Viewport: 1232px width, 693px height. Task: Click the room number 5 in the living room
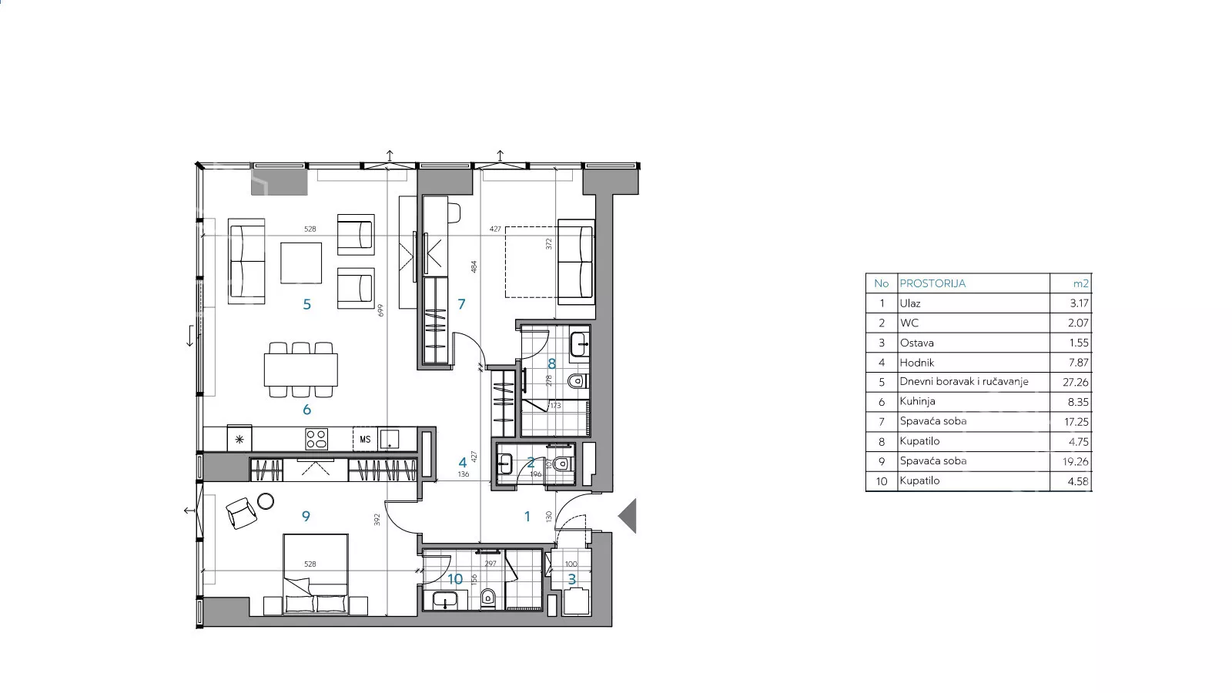[307, 304]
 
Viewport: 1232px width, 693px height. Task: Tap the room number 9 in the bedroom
[306, 516]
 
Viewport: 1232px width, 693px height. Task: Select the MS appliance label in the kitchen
[365, 440]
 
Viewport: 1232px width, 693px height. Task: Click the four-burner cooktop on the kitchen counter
[316, 440]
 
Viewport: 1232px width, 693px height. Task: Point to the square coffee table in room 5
[301, 263]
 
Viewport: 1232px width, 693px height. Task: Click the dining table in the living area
[301, 370]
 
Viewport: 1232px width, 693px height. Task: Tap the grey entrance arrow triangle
[628, 516]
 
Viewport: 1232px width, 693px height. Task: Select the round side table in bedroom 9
[266, 501]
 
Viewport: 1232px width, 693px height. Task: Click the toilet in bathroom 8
[577, 380]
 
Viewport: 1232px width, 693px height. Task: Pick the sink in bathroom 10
[446, 600]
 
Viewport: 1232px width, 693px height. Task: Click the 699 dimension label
[380, 310]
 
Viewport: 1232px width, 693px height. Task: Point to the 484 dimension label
[474, 266]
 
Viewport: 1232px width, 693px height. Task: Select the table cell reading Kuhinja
[917, 401]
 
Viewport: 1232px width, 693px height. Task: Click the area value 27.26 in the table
[1078, 382]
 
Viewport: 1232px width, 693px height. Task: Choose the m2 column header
[1081, 284]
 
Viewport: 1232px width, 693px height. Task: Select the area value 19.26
[1076, 461]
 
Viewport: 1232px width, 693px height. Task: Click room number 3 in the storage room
[572, 579]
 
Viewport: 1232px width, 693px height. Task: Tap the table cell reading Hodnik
[917, 363]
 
